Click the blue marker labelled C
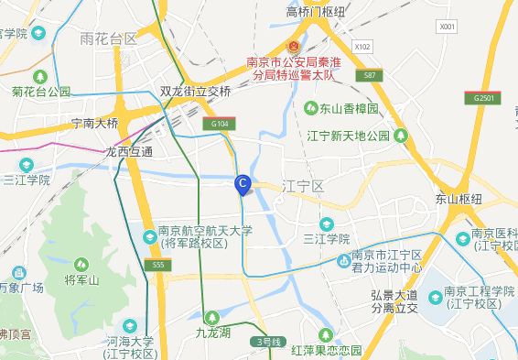click(x=243, y=184)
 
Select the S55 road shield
click(x=156, y=265)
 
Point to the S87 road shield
click(x=368, y=74)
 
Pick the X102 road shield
click(x=363, y=46)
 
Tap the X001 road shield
click(x=447, y=27)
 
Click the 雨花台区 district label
click(x=108, y=38)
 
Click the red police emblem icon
click(x=294, y=47)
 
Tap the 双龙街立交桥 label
click(x=196, y=92)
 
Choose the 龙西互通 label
click(x=129, y=151)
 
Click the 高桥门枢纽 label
click(x=316, y=11)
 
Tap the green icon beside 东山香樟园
click(x=312, y=108)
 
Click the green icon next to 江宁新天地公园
click(x=400, y=136)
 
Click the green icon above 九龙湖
click(x=212, y=316)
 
